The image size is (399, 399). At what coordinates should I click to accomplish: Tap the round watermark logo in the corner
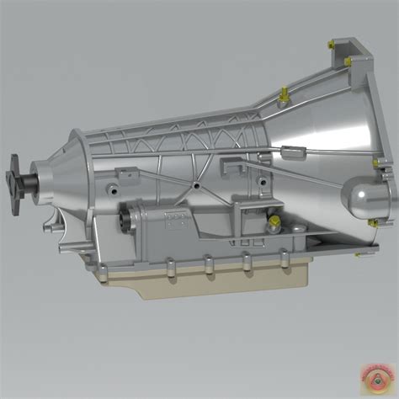tap(374, 373)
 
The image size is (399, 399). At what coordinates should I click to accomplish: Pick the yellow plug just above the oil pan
tap(274, 222)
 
